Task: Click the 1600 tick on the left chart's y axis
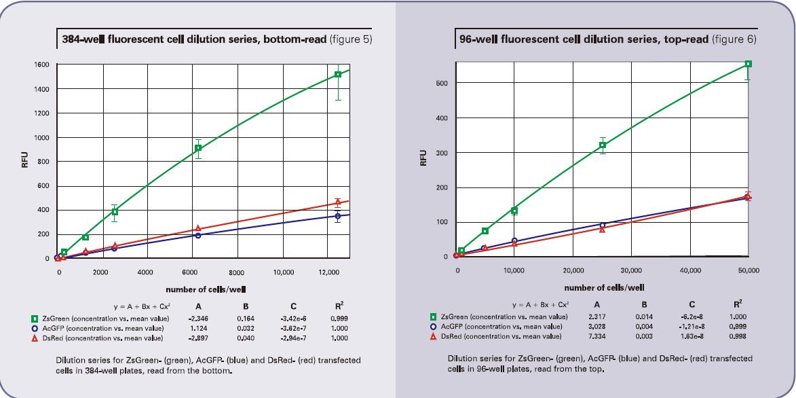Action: pos(43,65)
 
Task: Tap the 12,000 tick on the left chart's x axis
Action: pos(328,272)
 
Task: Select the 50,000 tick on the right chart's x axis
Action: pos(748,270)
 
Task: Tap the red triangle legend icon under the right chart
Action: pos(434,336)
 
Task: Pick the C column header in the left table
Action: pos(288,306)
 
